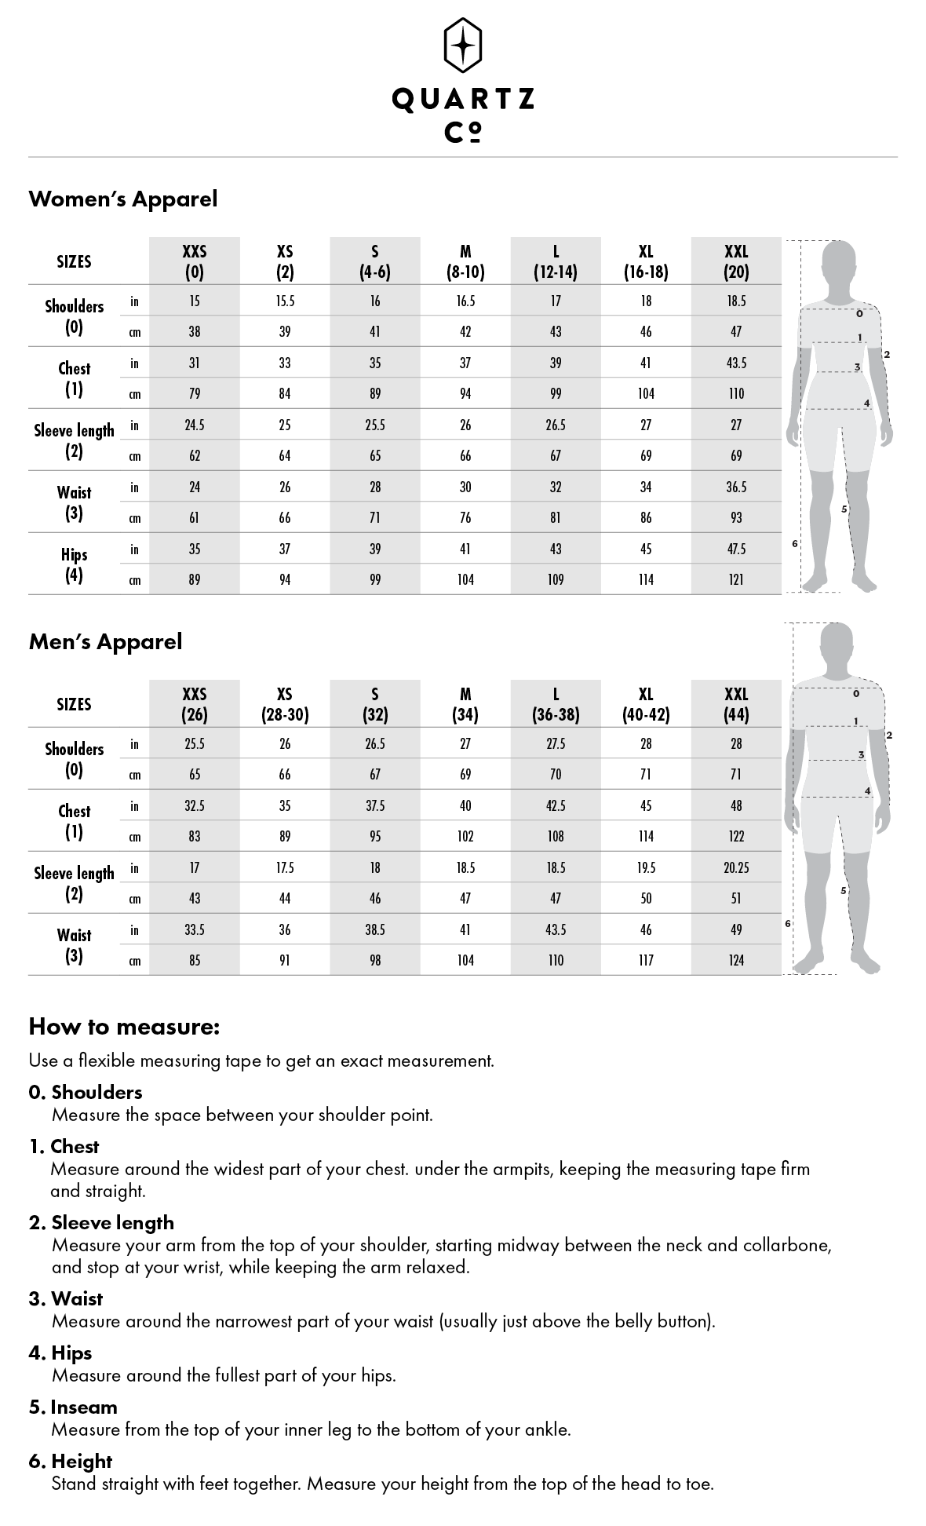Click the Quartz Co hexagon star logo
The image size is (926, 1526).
tap(463, 45)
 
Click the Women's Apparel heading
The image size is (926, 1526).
tap(123, 199)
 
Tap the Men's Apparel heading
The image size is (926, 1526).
tap(105, 641)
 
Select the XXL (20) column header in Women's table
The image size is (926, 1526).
tap(736, 261)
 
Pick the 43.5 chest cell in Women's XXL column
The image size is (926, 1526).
tap(736, 363)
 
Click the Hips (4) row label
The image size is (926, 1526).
tap(74, 564)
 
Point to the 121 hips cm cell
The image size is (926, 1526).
tap(736, 579)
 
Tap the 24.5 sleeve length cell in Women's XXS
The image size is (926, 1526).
tap(195, 425)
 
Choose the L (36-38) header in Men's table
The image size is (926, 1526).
tap(556, 704)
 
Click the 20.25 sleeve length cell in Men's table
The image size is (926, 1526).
tap(736, 867)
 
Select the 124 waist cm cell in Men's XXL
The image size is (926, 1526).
tap(736, 960)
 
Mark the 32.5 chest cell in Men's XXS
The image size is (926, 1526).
tap(195, 805)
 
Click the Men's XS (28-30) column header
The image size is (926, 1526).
tap(285, 704)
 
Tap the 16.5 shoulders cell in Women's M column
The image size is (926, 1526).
tap(465, 301)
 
